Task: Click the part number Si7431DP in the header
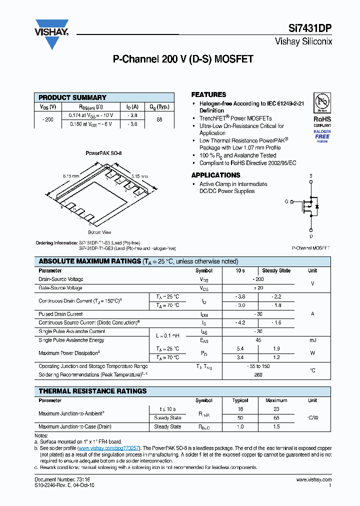(x=310, y=29)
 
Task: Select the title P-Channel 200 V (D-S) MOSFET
(x=183, y=59)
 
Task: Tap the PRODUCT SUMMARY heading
(x=72, y=97)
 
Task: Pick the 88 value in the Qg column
(x=159, y=119)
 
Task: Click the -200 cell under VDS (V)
(x=48, y=119)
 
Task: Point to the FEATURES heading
(x=208, y=94)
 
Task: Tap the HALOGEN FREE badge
(x=322, y=134)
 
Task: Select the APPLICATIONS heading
(x=215, y=175)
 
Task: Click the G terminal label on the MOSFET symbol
(x=286, y=202)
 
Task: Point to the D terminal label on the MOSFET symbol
(x=311, y=236)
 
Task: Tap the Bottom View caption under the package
(x=99, y=232)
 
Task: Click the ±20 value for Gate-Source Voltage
(x=258, y=288)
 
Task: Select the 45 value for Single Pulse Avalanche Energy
(x=258, y=340)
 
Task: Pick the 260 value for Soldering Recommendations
(x=258, y=374)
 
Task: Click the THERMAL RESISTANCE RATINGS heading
(x=93, y=391)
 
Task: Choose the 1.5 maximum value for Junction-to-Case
(x=276, y=426)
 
